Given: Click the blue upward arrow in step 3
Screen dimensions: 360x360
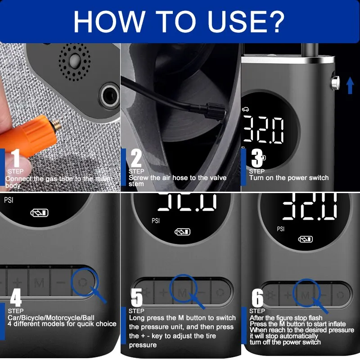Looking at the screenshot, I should [x=350, y=85].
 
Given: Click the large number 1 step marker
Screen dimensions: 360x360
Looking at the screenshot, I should [x=16, y=159].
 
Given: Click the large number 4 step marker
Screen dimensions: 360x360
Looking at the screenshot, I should [x=16, y=297].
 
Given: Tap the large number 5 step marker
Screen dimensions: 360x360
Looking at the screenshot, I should [x=136, y=297].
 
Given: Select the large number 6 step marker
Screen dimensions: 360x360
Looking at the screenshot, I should [x=257, y=297].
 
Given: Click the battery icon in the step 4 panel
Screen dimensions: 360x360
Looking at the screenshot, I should [x=39, y=213].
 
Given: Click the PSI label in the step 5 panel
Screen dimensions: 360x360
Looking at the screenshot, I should [x=156, y=221].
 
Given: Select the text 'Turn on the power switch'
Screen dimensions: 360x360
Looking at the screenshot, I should [x=289, y=178].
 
